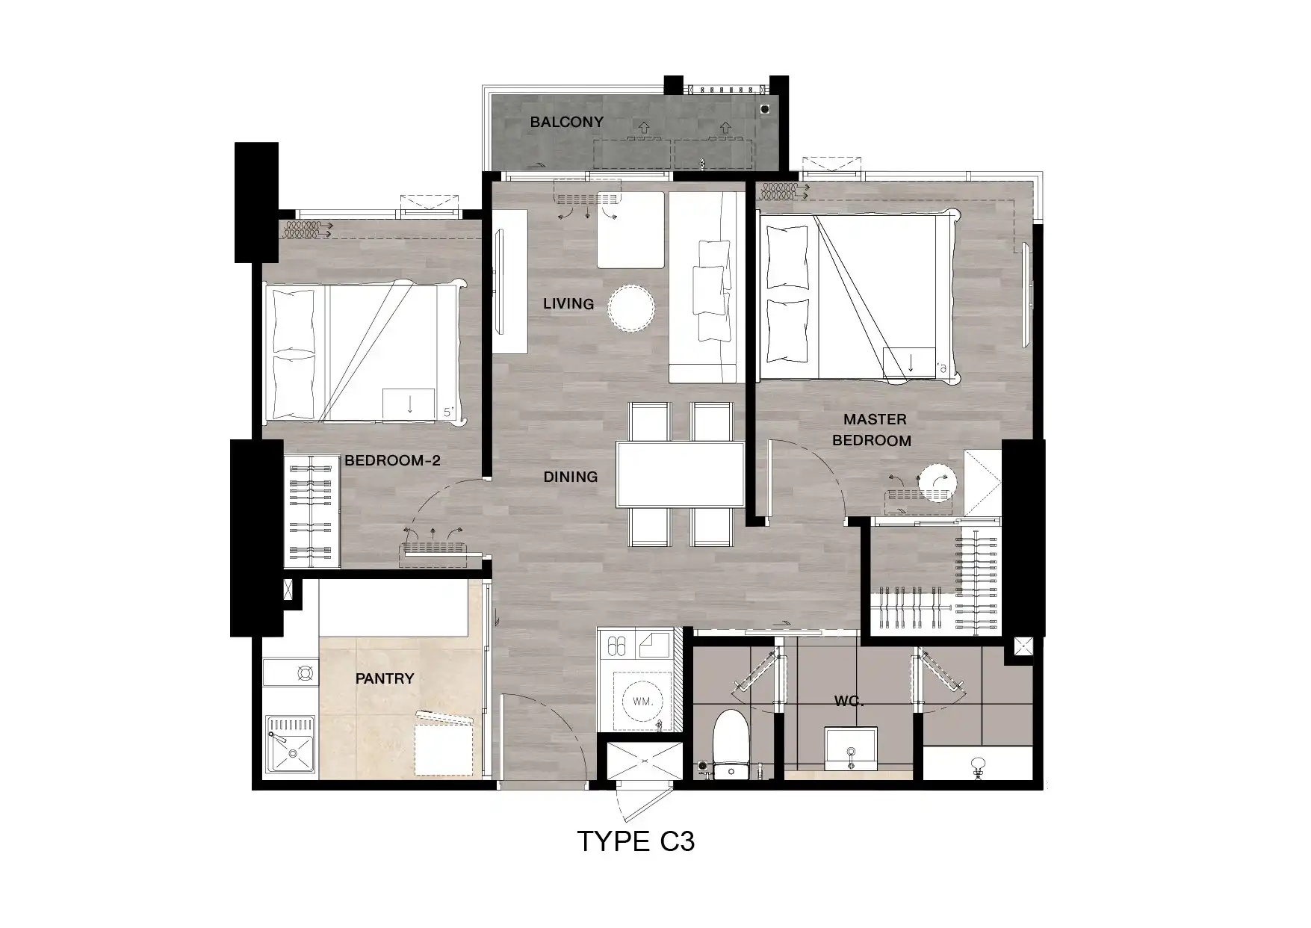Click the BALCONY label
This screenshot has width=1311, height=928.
click(x=566, y=122)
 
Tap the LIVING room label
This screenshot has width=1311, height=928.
click(x=568, y=303)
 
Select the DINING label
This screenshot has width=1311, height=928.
click(x=571, y=477)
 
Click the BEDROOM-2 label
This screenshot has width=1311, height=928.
click(x=392, y=460)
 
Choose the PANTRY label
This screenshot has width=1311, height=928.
click(x=385, y=678)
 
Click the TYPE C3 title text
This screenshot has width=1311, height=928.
click(x=636, y=842)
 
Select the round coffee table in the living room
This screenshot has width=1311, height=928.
click(x=631, y=307)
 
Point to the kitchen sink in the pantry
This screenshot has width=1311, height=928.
click(x=289, y=745)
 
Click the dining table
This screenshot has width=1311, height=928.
click(x=681, y=474)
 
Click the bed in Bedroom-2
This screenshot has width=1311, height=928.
click(x=364, y=351)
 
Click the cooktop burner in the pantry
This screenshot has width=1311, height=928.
click(x=305, y=673)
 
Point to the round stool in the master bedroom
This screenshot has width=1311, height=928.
click(x=937, y=481)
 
